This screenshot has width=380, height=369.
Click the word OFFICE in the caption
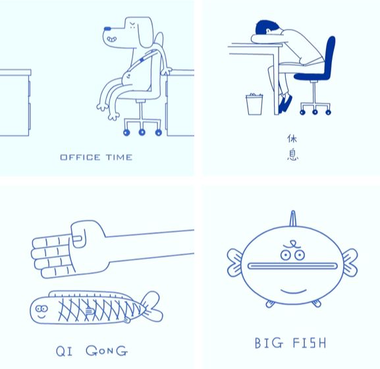coord(80,157)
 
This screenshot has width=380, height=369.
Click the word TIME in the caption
coord(119,157)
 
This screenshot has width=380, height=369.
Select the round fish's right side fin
coord(346,262)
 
